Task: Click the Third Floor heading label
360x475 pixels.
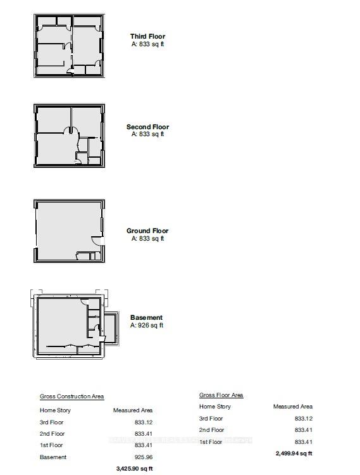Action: pyautogui.click(x=147, y=37)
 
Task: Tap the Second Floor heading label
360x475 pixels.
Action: pyautogui.click(x=147, y=127)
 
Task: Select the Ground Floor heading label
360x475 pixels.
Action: pyautogui.click(x=147, y=231)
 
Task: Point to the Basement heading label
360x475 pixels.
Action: pyautogui.click(x=146, y=317)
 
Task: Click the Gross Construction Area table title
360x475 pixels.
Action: pyautogui.click(x=71, y=396)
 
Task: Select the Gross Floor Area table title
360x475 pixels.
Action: pyautogui.click(x=221, y=395)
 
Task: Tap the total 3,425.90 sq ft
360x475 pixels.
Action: pyautogui.click(x=135, y=469)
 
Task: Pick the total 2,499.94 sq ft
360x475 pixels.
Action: pyautogui.click(x=294, y=453)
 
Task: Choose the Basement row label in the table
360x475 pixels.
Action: pyautogui.click(x=53, y=457)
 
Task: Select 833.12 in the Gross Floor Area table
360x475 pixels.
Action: pyautogui.click(x=302, y=419)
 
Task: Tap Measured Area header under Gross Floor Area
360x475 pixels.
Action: pyautogui.click(x=293, y=407)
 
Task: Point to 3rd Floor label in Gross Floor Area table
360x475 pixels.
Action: pyautogui.click(x=211, y=419)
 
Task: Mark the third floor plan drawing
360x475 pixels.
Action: pyautogui.click(x=68, y=46)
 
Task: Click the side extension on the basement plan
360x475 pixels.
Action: pyautogui.click(x=109, y=327)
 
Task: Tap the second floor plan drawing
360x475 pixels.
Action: pyautogui.click(x=68, y=136)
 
